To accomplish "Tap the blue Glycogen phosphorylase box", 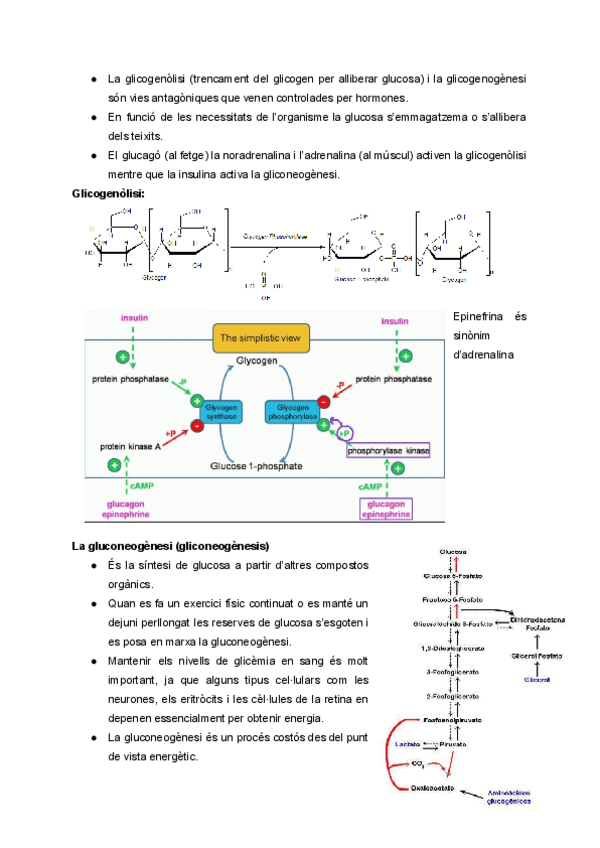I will point(291,413).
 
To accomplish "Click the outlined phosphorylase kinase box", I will point(387,452).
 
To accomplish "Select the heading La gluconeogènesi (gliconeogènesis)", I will point(170,546).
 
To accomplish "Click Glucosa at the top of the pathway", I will point(456,553).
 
